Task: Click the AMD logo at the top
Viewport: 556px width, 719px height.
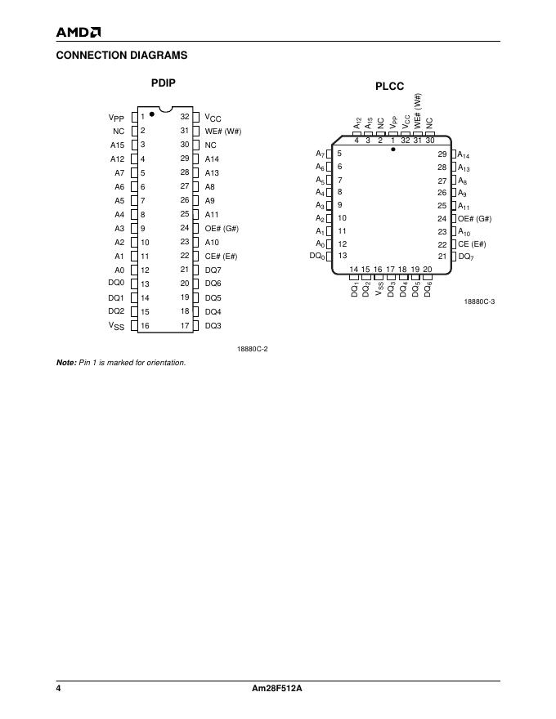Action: pos(78,33)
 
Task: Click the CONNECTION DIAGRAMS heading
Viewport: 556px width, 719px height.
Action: pos(121,56)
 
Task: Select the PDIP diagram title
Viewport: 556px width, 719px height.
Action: pos(164,83)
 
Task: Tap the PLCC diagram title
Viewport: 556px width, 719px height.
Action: pos(390,87)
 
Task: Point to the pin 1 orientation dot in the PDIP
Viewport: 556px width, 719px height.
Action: pos(152,114)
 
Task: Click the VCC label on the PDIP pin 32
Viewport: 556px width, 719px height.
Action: pos(213,118)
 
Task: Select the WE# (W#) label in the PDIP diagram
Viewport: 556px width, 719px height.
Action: pos(222,131)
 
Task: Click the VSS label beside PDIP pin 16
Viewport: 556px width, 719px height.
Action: pos(117,326)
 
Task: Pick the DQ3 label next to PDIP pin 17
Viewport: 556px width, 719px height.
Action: pos(213,326)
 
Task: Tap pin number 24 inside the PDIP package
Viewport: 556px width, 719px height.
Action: pos(185,228)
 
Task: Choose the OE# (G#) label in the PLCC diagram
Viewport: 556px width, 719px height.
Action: pos(474,218)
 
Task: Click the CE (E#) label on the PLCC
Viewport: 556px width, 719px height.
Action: pos(472,243)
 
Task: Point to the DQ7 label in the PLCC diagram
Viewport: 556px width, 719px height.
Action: pos(466,257)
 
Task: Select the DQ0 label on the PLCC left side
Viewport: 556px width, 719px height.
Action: pos(316,257)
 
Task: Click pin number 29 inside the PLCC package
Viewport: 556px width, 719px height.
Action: pos(442,154)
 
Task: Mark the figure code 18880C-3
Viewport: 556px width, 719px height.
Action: pos(479,301)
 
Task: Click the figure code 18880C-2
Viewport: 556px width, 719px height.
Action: pos(253,349)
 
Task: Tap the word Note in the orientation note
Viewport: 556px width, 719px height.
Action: pos(65,363)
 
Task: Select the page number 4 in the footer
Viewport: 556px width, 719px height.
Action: pos(59,688)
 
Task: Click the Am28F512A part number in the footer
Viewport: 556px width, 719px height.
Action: pos(277,688)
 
